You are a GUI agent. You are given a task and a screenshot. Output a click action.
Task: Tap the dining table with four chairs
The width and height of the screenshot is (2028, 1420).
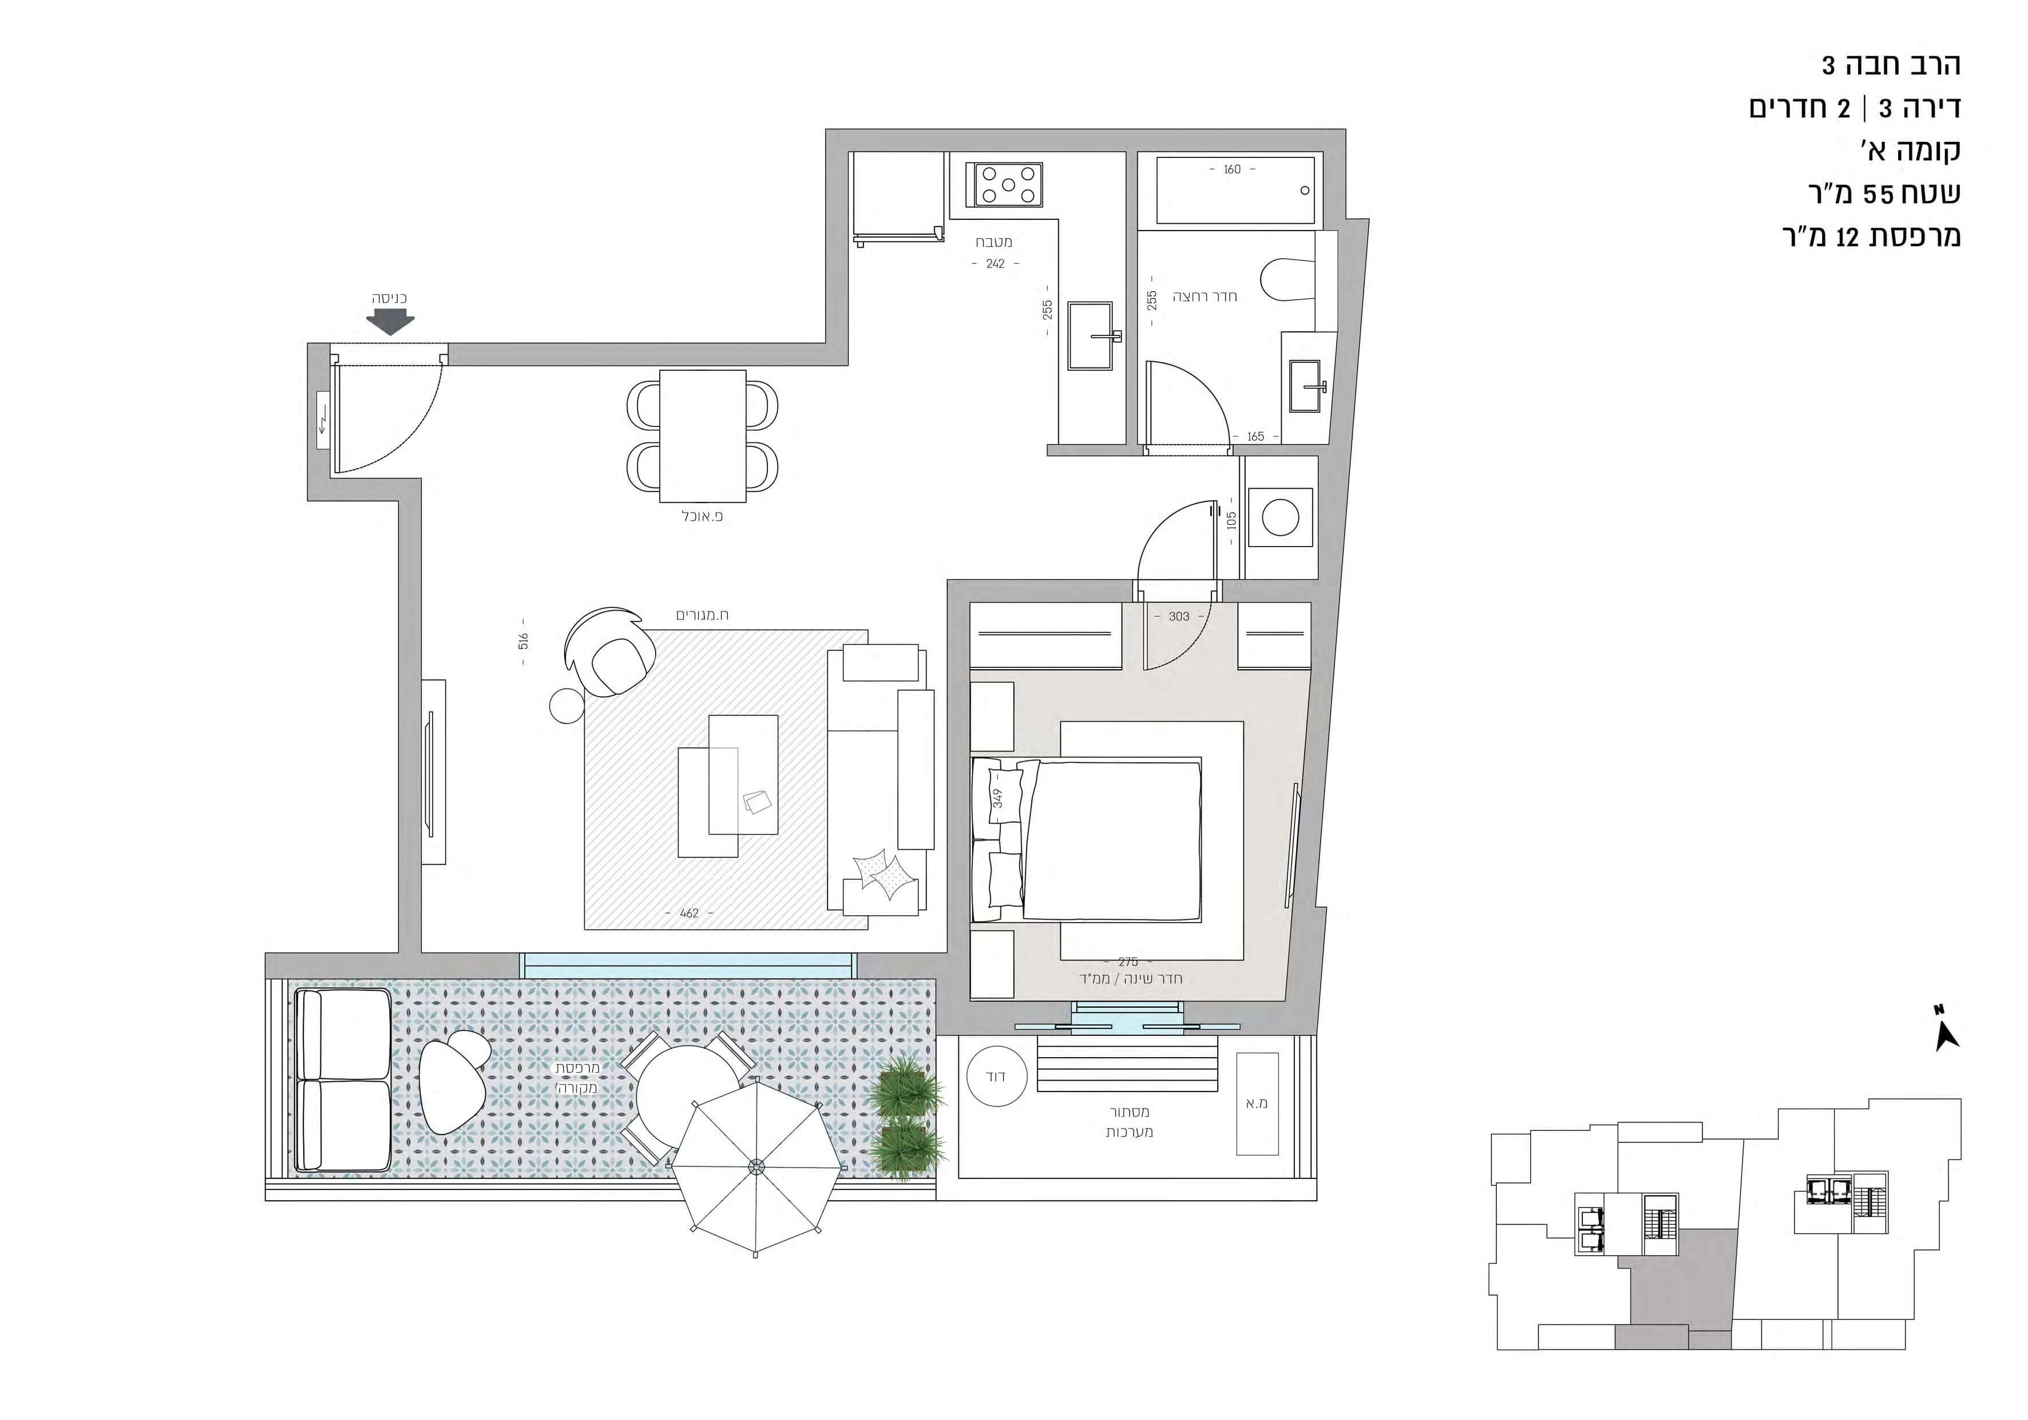click(703, 436)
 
